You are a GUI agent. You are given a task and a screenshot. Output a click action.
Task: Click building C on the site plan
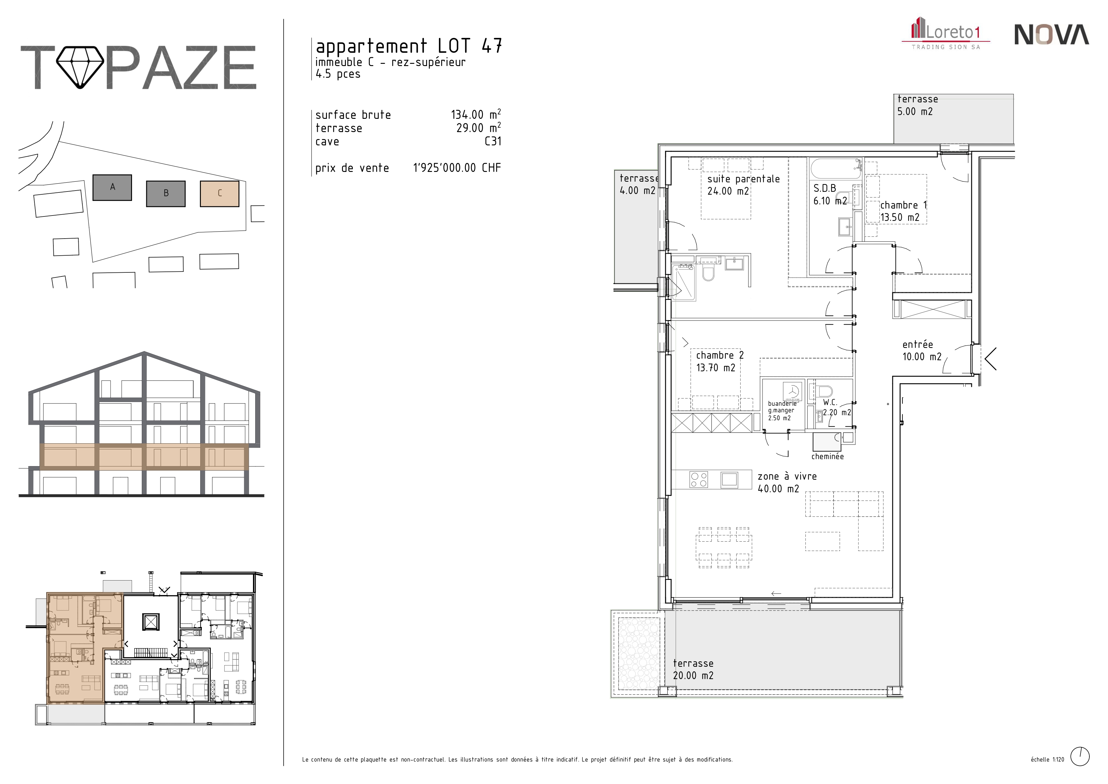[220, 194]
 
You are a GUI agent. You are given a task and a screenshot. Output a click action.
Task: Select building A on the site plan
[112, 187]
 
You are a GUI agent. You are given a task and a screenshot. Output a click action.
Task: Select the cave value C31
[493, 142]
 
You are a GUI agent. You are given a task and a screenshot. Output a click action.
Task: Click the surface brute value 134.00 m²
[476, 114]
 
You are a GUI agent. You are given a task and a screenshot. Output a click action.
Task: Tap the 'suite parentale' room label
[743, 179]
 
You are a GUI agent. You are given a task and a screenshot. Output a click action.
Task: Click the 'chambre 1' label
[903, 205]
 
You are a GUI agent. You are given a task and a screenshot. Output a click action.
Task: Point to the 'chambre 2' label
[720, 355]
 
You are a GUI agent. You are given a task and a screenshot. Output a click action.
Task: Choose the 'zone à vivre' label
[787, 477]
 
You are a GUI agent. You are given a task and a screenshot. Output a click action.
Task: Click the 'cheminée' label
[828, 456]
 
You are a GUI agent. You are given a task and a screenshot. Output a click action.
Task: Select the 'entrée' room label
[917, 345]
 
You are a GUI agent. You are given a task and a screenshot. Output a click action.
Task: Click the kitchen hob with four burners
[699, 479]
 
